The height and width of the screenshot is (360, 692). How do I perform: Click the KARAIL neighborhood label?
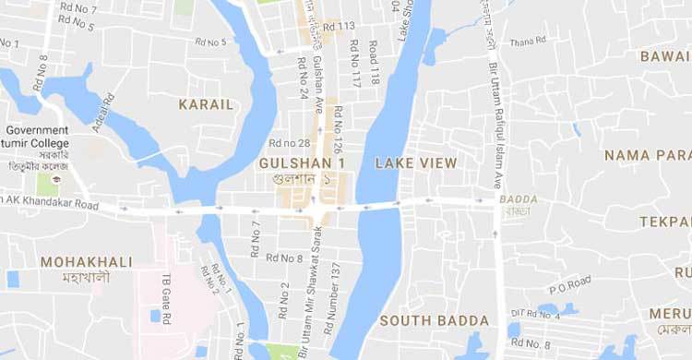206,104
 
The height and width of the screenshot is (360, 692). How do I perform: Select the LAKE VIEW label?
415,163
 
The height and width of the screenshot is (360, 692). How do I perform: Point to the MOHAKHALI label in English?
87,262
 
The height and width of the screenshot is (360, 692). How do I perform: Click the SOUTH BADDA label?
434,321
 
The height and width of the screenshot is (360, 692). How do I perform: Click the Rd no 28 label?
290,143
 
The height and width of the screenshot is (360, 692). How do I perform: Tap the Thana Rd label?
528,40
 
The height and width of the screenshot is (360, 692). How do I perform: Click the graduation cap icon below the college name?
56,178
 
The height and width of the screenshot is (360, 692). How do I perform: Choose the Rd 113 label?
339,26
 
